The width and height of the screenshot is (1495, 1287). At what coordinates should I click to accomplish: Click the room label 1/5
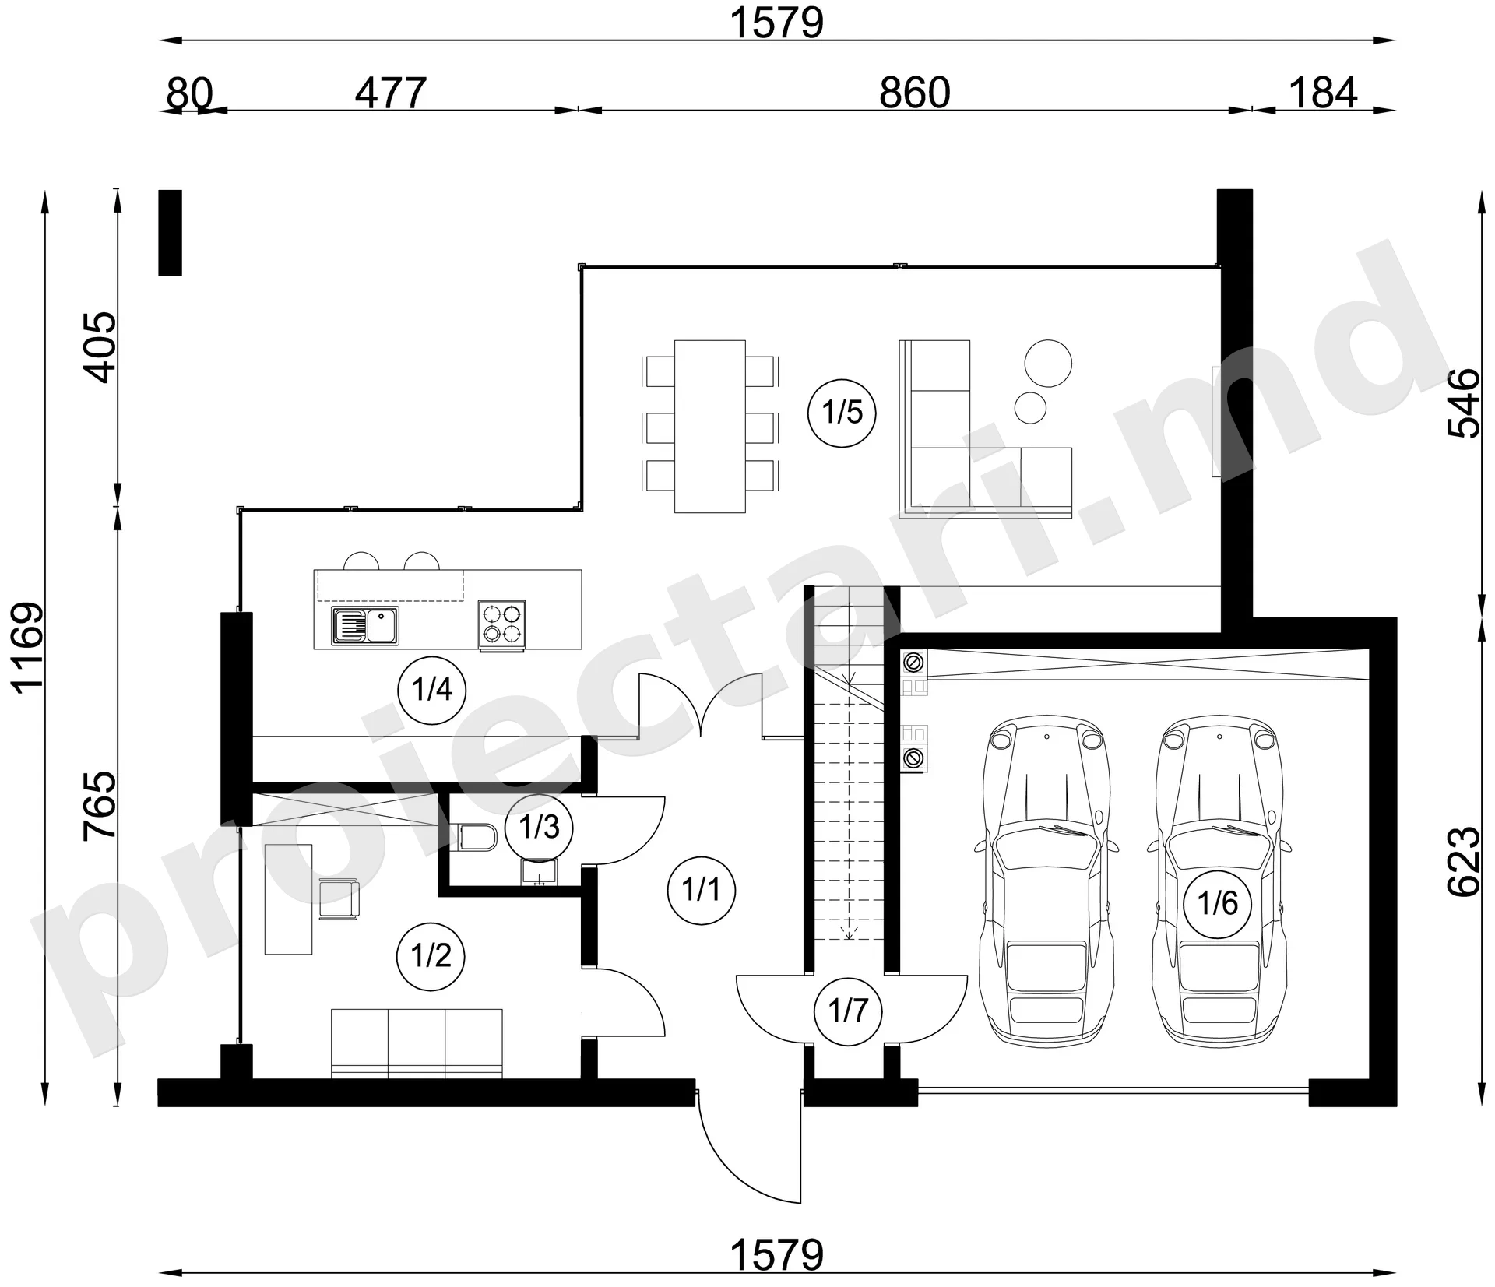pyautogui.click(x=842, y=413)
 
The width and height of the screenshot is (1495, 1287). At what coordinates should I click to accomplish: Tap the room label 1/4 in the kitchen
pyautogui.click(x=431, y=690)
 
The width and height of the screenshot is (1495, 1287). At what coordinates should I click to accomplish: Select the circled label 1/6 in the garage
pyautogui.click(x=1218, y=903)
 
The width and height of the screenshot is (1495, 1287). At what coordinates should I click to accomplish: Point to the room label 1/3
pyautogui.click(x=539, y=827)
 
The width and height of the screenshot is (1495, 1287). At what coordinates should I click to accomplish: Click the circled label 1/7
pyautogui.click(x=848, y=1011)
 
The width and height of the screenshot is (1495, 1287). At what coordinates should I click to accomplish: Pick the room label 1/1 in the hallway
pyautogui.click(x=702, y=889)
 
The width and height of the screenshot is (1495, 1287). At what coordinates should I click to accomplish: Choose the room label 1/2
pyautogui.click(x=431, y=955)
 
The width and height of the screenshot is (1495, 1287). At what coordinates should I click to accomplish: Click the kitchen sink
pyautogui.click(x=365, y=626)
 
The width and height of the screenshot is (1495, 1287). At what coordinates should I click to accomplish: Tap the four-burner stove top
pyautogui.click(x=501, y=624)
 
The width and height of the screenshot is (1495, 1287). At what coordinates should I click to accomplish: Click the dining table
pyautogui.click(x=709, y=426)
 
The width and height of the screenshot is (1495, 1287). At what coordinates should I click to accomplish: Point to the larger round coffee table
pyautogui.click(x=1047, y=363)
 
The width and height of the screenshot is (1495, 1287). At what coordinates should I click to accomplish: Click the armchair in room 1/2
pyautogui.click(x=339, y=898)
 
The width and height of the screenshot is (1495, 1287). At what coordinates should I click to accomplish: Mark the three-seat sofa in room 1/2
pyautogui.click(x=417, y=1043)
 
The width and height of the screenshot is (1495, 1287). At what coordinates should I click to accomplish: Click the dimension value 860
pyautogui.click(x=915, y=93)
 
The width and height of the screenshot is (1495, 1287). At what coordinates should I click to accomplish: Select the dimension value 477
pyautogui.click(x=391, y=93)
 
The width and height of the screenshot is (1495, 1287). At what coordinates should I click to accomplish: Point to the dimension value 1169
pyautogui.click(x=30, y=648)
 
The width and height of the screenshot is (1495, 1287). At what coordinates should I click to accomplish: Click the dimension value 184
pyautogui.click(x=1324, y=93)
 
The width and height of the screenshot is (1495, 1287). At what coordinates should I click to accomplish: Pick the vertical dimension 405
pyautogui.click(x=100, y=347)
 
